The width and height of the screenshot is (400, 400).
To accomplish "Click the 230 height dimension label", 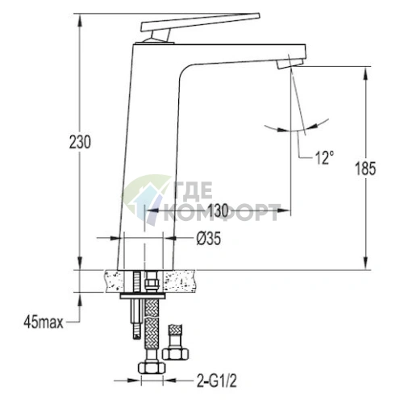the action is coord(80,142).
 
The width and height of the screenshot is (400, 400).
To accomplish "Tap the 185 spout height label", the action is coord(365,169).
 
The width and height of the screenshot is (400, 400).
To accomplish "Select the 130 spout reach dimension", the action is coord(218,210).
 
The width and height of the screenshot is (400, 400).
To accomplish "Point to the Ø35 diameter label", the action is coord(209,238).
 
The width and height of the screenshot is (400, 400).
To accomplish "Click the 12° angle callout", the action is coord(324,157).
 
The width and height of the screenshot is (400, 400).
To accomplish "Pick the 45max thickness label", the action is coord(44,322).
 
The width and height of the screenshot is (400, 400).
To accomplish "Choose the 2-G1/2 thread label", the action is coord(217,381).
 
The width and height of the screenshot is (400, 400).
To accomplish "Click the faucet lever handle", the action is coord(200,22).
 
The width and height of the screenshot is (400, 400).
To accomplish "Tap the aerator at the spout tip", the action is coord(290,65).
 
